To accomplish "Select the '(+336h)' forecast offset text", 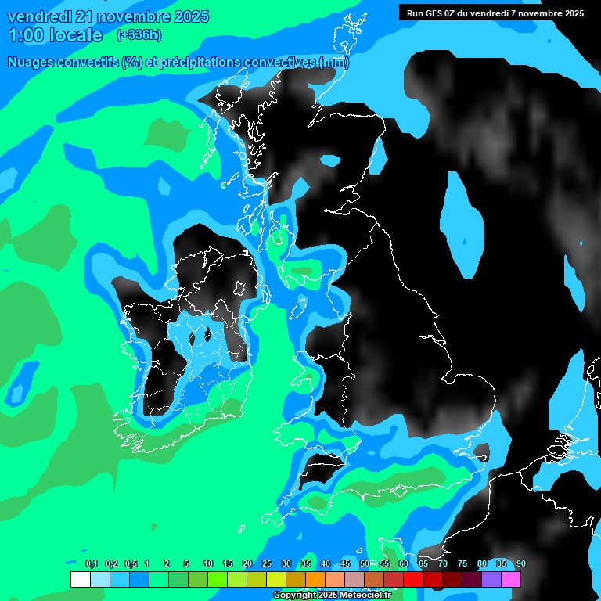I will (x=139, y=34).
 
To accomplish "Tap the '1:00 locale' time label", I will (x=56, y=35).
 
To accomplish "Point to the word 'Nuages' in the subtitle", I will (x=32, y=63).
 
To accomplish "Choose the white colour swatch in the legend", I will (x=80, y=579).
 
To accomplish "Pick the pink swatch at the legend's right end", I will (x=511, y=579).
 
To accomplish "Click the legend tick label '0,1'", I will (x=91, y=563).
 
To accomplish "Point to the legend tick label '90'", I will (x=520, y=563).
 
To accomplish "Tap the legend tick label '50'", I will (x=365, y=563).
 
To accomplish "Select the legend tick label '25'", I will (x=267, y=563).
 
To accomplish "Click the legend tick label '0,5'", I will (x=130, y=563).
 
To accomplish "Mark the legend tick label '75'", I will (x=462, y=563).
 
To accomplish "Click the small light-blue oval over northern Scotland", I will (x=331, y=160).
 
